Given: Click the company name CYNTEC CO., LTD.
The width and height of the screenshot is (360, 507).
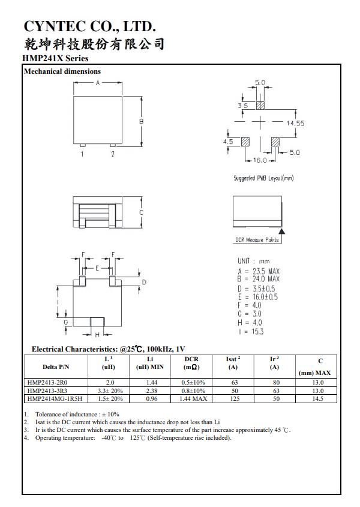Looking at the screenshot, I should [x=90, y=26].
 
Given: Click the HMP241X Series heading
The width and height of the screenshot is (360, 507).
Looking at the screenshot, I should [x=55, y=58].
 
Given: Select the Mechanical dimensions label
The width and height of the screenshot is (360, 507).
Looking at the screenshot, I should [x=62, y=71].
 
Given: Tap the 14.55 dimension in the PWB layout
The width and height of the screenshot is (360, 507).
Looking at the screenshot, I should [x=295, y=123].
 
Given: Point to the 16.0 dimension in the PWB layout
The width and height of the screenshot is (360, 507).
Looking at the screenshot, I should [x=260, y=161].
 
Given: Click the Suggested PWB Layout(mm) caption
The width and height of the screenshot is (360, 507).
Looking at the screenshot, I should [x=263, y=178].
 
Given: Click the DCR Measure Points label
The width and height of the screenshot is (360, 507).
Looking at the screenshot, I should [x=256, y=240].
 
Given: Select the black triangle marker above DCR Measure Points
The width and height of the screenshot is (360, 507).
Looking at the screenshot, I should [x=283, y=230].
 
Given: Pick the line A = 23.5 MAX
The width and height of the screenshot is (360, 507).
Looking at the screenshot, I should [x=259, y=271].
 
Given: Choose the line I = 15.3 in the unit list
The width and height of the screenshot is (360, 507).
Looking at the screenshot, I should [x=251, y=331].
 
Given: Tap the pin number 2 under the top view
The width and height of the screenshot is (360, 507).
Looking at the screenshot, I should [x=112, y=154].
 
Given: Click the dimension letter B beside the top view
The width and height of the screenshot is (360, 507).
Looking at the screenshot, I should [x=142, y=121].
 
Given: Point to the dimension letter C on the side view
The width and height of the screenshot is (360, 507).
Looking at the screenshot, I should [x=141, y=212].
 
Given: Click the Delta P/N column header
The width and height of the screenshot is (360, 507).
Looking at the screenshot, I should [x=56, y=367].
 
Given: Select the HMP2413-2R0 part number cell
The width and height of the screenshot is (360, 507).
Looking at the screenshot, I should [x=47, y=382].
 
